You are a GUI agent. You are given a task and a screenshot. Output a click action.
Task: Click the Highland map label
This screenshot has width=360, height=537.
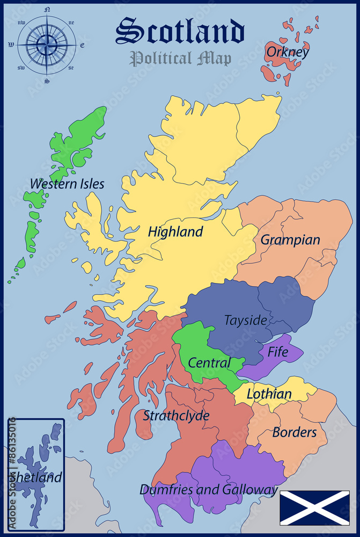pos(175,232)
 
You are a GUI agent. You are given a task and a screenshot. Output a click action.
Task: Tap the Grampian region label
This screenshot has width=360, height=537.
pos(290,240)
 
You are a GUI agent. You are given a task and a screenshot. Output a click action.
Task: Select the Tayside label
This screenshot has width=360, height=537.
pos(245,320)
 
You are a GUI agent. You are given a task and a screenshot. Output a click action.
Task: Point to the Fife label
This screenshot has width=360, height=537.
pos(277,352)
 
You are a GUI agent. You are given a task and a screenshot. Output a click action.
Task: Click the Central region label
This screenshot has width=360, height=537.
pos(209,363)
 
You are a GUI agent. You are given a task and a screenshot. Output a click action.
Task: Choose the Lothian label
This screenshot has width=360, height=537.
pos(269,394)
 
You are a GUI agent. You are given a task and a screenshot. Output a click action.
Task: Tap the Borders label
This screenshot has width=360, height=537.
pos(295,432)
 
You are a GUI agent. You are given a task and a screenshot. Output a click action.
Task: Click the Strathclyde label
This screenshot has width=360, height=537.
pos(176,415)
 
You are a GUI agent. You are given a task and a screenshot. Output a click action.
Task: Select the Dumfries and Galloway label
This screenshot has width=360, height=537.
pos(209,490)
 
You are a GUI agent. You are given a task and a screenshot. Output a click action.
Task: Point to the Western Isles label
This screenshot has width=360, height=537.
pos(67,184)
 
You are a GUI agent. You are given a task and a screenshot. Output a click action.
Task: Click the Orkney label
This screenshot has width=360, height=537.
pos(288,52)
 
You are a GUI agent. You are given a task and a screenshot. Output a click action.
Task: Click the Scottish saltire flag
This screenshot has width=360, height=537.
pos(314,508)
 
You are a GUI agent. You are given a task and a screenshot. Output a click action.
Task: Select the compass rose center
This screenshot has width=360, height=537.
pos(47,45)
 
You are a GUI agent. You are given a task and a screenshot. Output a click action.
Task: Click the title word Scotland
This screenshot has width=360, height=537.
pos(180,31)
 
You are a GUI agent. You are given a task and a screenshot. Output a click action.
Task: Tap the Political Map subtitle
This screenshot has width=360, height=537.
pos(180,58)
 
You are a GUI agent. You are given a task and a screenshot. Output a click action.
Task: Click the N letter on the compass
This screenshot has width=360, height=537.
pos(47,10)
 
